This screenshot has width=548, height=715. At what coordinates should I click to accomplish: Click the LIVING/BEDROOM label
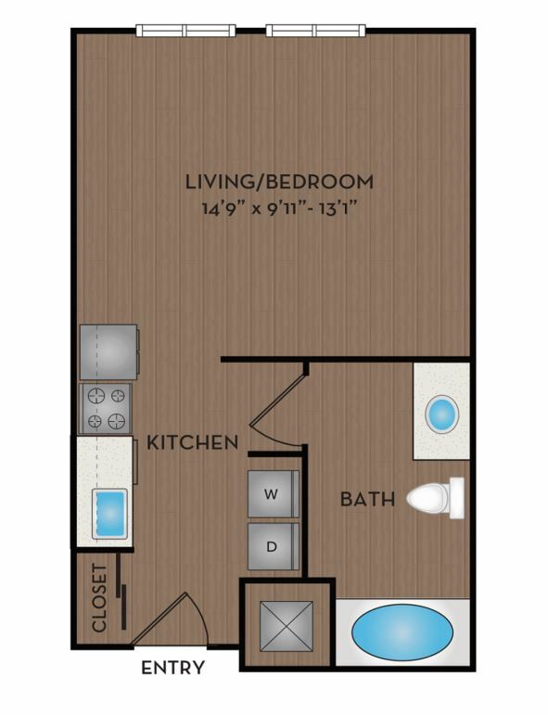[x=279, y=182]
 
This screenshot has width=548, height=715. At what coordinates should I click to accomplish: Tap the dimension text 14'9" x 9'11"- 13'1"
[x=279, y=210]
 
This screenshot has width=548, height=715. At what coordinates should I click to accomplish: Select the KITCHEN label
[x=192, y=442]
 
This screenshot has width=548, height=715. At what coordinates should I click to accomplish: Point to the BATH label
[x=367, y=499]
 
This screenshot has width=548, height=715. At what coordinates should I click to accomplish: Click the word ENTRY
[x=172, y=667]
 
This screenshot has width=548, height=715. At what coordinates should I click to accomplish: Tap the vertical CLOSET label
[x=99, y=598]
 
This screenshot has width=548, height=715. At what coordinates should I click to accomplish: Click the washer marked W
[x=274, y=494]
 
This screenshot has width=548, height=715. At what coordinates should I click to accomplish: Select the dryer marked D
[x=274, y=546]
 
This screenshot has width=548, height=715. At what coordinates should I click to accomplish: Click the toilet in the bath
[x=436, y=498]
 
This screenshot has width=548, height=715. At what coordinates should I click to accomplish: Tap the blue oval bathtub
[x=402, y=632]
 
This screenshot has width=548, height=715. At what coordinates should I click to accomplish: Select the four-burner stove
[x=106, y=408]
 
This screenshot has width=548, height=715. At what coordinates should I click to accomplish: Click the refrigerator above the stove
[x=109, y=351]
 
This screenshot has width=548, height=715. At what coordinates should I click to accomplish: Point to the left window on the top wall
[x=186, y=31]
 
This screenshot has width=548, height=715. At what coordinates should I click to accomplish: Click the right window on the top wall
[x=316, y=31]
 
